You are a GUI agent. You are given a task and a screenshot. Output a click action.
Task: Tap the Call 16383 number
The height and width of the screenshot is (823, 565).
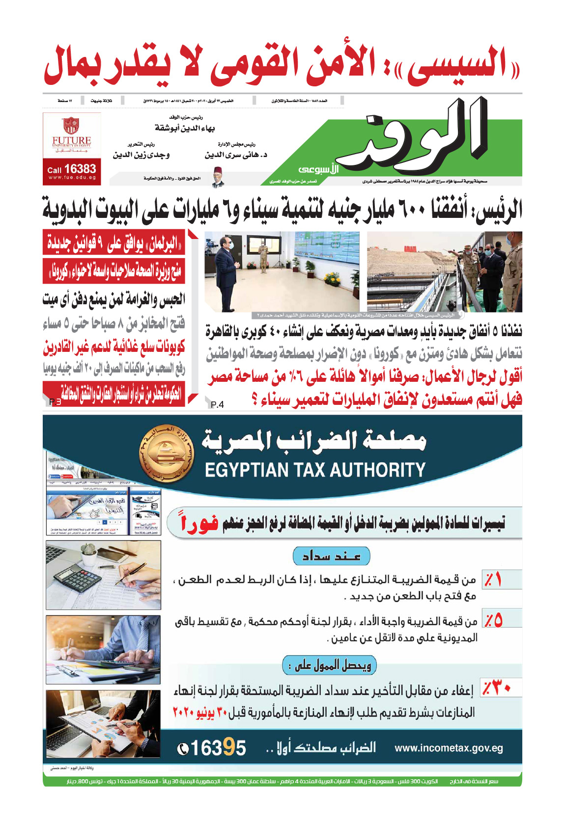72,169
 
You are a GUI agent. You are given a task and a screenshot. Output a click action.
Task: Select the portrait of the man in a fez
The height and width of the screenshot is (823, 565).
218,177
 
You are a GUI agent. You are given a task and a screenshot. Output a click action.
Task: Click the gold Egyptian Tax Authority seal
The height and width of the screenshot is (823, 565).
168,453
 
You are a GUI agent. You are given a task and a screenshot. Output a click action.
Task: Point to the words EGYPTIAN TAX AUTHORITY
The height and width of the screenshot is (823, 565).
315,470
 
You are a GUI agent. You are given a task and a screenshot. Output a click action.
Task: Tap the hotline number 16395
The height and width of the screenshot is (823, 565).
212,748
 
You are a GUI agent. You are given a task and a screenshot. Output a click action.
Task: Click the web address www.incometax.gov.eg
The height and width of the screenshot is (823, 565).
449,748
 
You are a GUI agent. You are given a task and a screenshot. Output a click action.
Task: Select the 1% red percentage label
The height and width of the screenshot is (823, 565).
493,580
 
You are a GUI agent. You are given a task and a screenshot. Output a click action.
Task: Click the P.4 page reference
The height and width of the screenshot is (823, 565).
217,404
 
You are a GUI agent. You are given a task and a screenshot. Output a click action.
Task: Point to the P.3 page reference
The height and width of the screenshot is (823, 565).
55,402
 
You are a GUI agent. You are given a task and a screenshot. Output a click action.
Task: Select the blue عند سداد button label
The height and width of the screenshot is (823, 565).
331,556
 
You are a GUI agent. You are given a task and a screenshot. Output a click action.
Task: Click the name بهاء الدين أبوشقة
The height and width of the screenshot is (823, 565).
185,128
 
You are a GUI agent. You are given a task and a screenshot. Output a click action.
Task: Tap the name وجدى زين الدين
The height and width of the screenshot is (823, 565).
141,155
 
